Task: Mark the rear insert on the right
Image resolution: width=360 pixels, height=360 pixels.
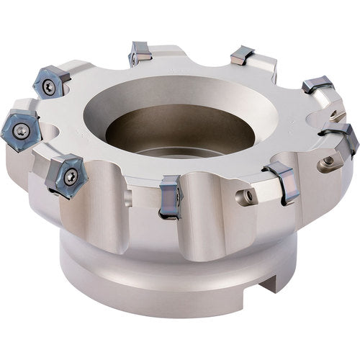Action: pos(242,55)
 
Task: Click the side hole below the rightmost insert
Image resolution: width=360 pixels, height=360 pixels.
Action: pos(328,161)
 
